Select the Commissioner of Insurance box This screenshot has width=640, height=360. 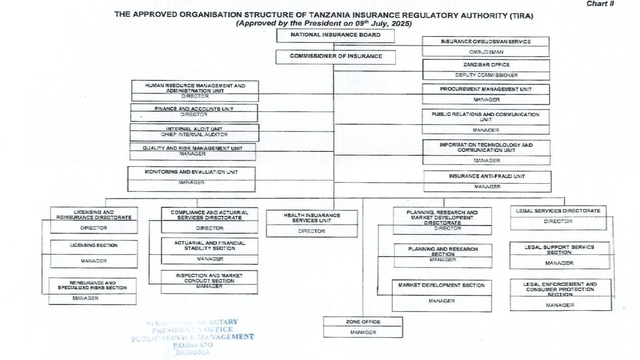coord(336,56)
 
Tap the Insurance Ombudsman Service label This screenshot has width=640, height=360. coord(485,42)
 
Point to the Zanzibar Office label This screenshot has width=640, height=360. coord(486,65)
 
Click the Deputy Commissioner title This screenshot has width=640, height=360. coord(486,75)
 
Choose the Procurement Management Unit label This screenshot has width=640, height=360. coord(486,89)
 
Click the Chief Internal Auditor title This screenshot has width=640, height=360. coord(194,135)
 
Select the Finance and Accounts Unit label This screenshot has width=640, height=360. coord(194,109)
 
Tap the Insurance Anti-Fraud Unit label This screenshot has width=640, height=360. coord(487,176)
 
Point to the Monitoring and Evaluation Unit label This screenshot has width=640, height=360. coord(191,172)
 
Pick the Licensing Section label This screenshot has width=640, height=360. coord(94,245)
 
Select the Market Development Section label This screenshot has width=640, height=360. coord(441,285)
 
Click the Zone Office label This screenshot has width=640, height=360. coord(363,322)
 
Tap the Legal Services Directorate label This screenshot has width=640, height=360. coord(558,211)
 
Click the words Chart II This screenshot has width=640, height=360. coord(600,4)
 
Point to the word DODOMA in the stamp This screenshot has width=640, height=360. coord(193,352)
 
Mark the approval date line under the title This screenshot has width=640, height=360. coord(323,23)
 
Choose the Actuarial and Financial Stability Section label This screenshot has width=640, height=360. coord(210,246)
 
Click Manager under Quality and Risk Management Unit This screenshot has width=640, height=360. coord(192,154)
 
